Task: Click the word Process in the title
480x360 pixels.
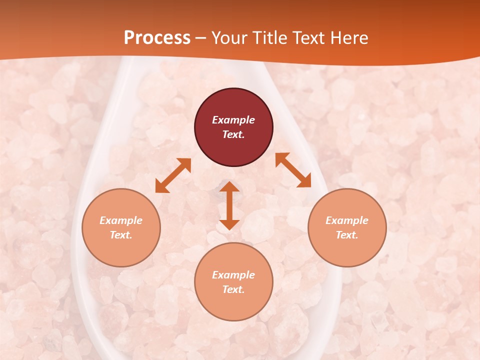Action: (157, 38)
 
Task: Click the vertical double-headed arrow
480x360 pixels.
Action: (229, 205)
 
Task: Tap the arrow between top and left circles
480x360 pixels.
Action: (173, 175)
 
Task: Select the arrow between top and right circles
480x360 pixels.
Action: (293, 170)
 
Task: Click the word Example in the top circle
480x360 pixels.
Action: (233, 120)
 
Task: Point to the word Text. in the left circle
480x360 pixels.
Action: (121, 235)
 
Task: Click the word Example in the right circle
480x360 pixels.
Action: (347, 220)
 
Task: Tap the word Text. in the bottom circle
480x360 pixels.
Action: (233, 289)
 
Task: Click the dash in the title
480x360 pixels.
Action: (200, 38)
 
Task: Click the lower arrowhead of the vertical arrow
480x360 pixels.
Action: (229, 224)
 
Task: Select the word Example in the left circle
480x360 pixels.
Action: (121, 220)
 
